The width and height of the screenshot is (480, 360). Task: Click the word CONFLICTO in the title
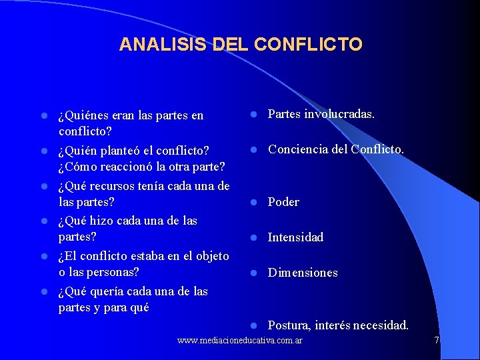308,45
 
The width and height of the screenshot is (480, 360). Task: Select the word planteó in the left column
119,150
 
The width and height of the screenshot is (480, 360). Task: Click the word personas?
113,273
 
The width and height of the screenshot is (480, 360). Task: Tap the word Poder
283,202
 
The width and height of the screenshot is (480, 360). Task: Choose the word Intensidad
295,237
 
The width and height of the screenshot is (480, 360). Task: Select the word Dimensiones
303,273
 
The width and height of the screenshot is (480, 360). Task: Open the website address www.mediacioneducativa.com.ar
240,341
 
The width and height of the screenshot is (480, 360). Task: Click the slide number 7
437,341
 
